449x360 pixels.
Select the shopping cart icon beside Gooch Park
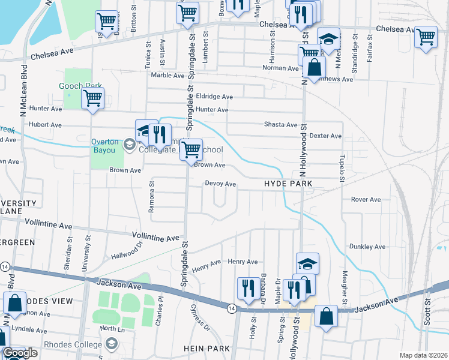coord(92,98)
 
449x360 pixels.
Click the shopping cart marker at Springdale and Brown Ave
coord(191,149)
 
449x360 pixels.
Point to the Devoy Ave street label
coord(220,184)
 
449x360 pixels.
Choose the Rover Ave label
coord(366,199)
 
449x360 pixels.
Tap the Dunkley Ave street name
coord(367,247)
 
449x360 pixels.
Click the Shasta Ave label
coord(281,125)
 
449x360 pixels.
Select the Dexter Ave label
coord(326,136)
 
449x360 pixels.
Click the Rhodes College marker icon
coord(110,344)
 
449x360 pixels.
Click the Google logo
coord(20,353)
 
